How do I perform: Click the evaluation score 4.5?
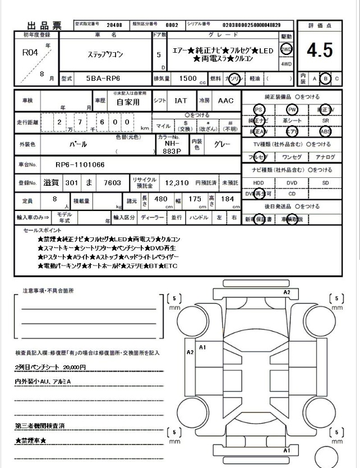pos(320,51)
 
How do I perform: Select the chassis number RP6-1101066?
pos(81,164)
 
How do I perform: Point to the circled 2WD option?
pos(287,49)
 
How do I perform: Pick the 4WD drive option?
pos(287,65)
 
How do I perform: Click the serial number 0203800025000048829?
pos(251,25)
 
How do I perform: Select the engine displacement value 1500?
pos(188,79)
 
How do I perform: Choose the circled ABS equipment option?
pos(325,132)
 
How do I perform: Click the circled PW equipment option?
pos(292,109)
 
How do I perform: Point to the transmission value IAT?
pos(181,101)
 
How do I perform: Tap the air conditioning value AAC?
pos(225,101)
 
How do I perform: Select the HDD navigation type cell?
pos(259,183)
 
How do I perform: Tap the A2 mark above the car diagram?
pos(287,292)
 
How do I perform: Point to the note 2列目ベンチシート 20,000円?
pos(50,366)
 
